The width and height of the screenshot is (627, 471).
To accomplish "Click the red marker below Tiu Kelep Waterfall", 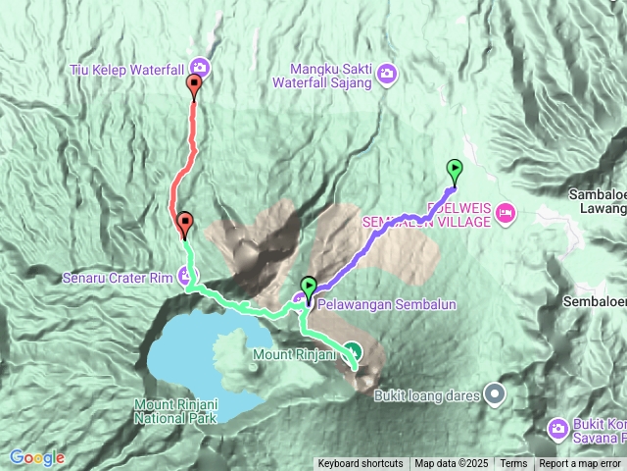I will [194, 86].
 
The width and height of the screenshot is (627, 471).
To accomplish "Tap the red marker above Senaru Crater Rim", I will [184, 224].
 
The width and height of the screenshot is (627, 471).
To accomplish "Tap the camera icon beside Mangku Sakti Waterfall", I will [387, 74].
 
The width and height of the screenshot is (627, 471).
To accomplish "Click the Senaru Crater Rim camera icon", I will [187, 275].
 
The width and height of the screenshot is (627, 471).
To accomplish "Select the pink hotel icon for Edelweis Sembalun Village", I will [506, 212].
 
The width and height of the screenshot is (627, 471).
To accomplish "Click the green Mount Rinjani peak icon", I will [354, 353].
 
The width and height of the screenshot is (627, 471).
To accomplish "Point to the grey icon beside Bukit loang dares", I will [496, 395].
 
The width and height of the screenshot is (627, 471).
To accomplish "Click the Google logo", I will [37, 457].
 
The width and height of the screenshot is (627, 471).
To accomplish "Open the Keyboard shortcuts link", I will [360, 464].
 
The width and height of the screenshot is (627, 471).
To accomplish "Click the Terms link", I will [513, 464].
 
